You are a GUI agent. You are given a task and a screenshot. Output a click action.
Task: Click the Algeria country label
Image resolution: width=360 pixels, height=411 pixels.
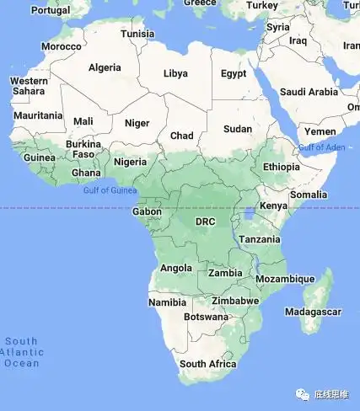tap(105, 67)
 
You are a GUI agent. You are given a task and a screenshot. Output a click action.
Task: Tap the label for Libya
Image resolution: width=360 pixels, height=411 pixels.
tap(175, 73)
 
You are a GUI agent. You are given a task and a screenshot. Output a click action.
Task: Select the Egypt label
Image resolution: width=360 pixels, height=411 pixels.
tap(234, 73)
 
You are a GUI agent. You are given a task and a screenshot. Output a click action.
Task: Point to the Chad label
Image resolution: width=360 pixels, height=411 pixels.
tap(181, 136)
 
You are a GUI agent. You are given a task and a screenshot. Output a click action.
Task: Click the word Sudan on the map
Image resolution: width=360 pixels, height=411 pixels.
tap(238, 129)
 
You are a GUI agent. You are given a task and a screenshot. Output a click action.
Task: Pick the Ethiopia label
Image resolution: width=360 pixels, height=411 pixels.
tap(281, 167)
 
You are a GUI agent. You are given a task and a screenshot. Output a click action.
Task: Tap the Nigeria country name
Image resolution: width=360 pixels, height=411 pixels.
tap(130, 162)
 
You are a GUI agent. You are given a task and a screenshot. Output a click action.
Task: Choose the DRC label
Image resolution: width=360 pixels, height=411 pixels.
tap(206, 222)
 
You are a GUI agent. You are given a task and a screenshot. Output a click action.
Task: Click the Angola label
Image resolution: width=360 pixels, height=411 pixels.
tap(175, 269)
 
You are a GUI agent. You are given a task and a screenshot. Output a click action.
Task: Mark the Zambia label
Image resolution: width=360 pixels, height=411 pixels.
tap(225, 273)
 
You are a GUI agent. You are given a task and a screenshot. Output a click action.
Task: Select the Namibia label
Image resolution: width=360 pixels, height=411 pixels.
tap(167, 302)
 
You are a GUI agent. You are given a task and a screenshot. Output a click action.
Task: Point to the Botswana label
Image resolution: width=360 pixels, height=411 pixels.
tap(206, 318)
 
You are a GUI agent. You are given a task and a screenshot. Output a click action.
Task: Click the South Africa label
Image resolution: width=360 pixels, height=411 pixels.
tap(207, 364)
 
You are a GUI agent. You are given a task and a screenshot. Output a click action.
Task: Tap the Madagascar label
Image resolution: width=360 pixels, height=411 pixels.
tap(313, 311)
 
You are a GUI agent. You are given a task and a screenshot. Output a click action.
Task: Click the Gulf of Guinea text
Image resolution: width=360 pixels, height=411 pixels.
tap(110, 190)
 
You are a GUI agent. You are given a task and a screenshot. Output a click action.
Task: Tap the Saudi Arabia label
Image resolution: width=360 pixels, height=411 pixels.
tap(309, 92)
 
